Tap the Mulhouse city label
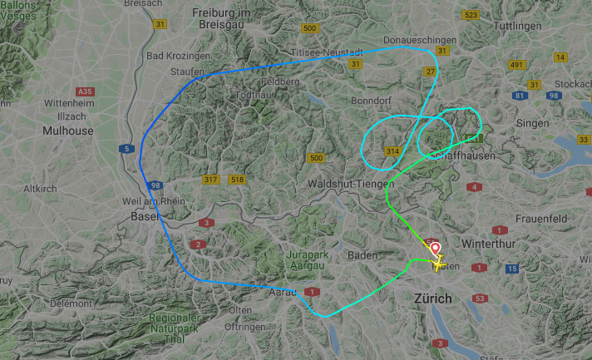pos(68,131)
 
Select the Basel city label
pos(145,216)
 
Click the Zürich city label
pos(432,298)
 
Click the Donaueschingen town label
pos(420,40)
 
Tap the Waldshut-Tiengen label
pos(347,183)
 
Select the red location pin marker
pos(434,249)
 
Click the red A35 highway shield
pos(84,91)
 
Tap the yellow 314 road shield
pos(392,150)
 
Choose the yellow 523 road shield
pos(471,15)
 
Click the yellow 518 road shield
pos(238,180)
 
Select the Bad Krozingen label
pos(178,56)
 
